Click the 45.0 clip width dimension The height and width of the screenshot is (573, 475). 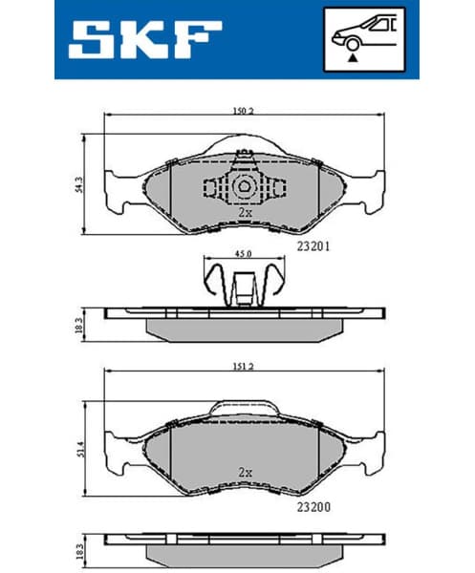pyautogui.click(x=244, y=254)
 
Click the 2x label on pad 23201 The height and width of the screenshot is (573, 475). pyautogui.click(x=245, y=212)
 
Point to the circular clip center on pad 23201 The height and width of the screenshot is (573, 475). pyautogui.click(x=244, y=186)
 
